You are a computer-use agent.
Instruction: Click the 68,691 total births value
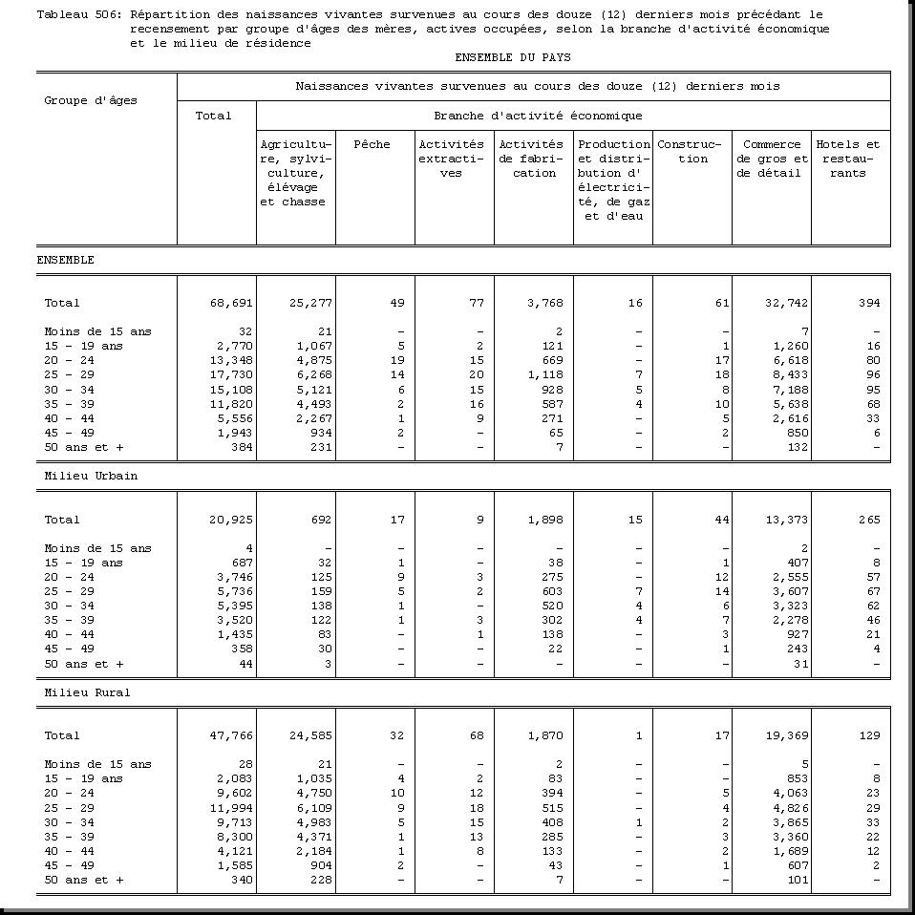pos(231,303)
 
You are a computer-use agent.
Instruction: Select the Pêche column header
pos(372,144)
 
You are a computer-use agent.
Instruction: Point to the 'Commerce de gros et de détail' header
pos(772,159)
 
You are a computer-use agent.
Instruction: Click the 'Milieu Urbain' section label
pos(91,476)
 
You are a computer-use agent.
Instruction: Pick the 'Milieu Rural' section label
pos(87,692)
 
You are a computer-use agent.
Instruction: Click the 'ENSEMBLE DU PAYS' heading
pos(513,57)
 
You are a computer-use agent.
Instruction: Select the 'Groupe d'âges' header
pos(91,100)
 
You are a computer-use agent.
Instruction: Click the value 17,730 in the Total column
pos(231,374)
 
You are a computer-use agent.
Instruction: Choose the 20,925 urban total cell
pos(231,520)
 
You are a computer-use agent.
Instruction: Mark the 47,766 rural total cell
pos(231,735)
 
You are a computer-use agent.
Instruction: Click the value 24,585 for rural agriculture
pos(310,735)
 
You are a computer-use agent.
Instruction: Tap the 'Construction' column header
pos(692,152)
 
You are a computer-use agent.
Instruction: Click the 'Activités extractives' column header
pos(452,159)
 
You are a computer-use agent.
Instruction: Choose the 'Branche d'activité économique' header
pos(537,116)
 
